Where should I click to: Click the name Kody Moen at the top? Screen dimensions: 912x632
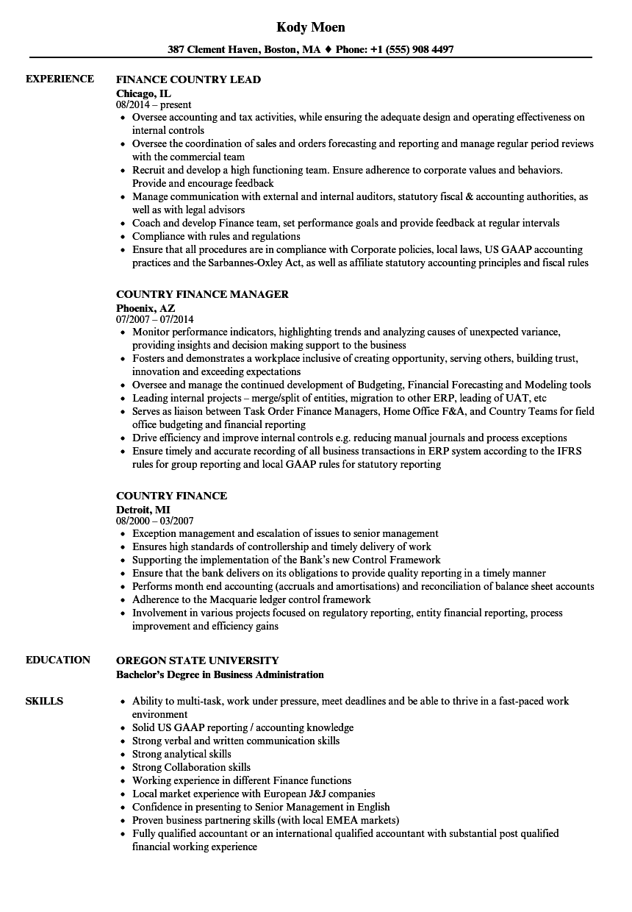click(311, 27)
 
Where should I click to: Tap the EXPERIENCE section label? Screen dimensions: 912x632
click(60, 79)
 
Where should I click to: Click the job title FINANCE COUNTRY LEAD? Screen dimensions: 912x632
click(189, 79)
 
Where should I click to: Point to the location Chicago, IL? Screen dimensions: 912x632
click(144, 93)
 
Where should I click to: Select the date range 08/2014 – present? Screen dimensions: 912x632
click(154, 104)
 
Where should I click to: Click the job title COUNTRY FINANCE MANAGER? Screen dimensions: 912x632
click(202, 294)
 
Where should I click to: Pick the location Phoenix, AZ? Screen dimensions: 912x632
click(146, 307)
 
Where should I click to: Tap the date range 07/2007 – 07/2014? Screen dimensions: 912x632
click(154, 319)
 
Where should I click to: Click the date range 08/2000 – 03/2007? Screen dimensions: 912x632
click(154, 521)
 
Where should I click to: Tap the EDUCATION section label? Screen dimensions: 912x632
click(58, 660)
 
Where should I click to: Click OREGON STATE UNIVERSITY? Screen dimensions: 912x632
click(198, 660)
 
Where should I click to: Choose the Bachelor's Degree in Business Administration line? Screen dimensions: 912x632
click(220, 674)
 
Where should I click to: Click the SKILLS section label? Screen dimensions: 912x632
click(44, 701)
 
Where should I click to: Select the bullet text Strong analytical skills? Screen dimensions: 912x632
click(182, 754)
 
